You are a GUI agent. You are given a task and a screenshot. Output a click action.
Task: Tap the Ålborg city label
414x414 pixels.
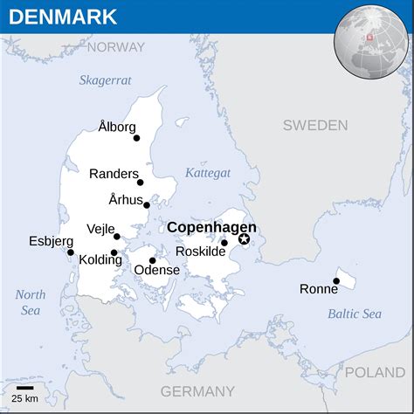[117, 128]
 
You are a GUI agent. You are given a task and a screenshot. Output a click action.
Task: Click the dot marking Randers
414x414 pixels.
[140, 182]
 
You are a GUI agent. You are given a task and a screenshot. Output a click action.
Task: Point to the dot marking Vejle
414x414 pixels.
[117, 236]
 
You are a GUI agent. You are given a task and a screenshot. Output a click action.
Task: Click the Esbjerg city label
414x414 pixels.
[51, 240]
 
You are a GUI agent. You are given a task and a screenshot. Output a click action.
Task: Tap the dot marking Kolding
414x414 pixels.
[114, 252]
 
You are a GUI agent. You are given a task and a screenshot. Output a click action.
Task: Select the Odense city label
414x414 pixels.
[156, 271]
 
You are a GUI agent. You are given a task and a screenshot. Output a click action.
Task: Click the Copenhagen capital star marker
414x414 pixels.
[244, 239]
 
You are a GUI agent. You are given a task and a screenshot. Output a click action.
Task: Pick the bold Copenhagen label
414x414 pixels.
[211, 227]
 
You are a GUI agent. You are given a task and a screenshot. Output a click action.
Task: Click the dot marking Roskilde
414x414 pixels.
[224, 243]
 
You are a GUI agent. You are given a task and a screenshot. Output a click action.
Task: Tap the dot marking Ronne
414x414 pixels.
[336, 281]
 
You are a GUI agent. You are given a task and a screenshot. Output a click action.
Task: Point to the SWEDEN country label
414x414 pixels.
[315, 126]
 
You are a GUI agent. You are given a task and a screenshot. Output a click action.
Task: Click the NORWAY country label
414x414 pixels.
[115, 47]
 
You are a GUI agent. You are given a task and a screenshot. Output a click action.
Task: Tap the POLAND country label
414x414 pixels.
[376, 373]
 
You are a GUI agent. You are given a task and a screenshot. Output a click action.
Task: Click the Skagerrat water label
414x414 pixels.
[105, 79]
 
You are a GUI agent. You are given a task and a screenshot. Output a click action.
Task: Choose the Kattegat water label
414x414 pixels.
[208, 173]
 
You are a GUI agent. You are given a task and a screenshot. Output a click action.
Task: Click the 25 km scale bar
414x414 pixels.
[25, 387]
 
